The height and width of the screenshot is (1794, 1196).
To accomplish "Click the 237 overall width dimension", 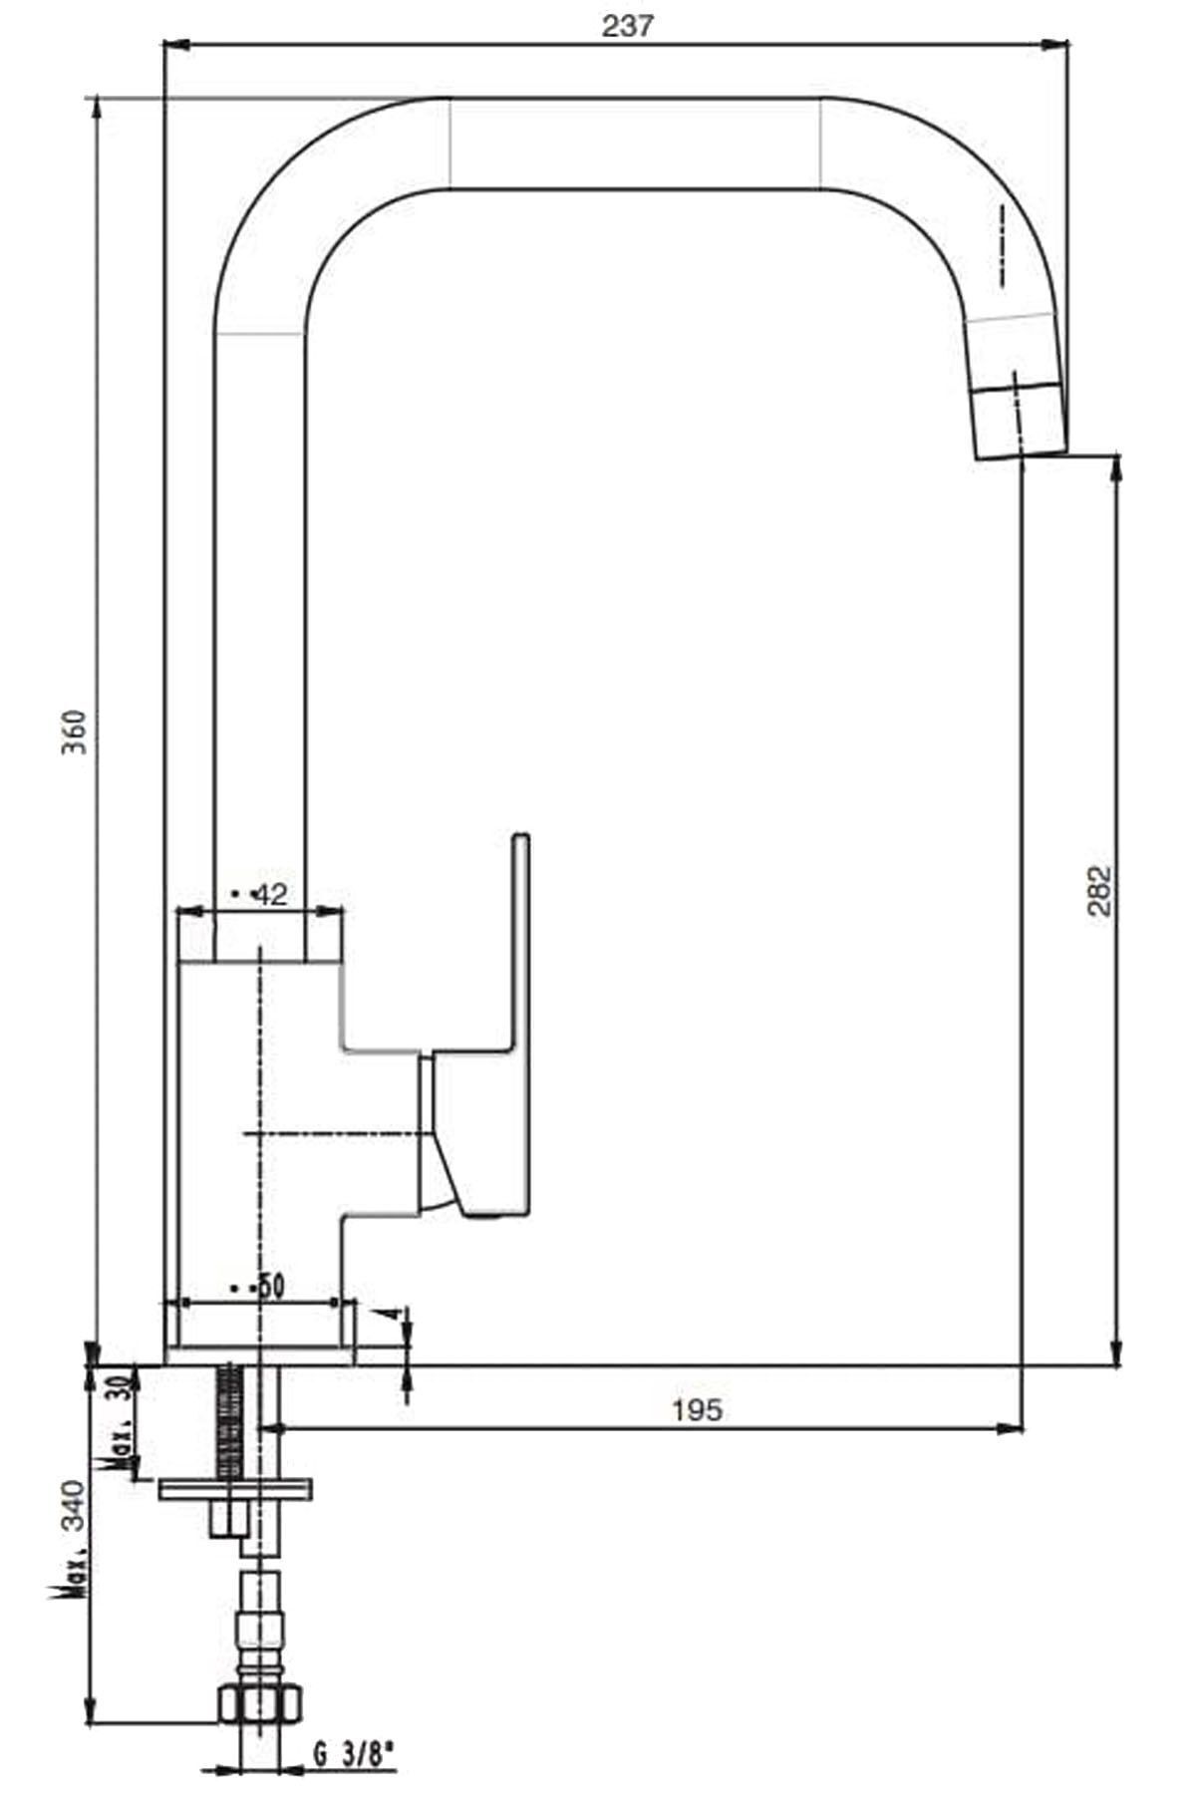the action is tap(627, 27).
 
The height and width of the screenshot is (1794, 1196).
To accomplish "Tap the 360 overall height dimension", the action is tap(77, 732).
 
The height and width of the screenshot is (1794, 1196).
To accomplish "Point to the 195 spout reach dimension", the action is tap(697, 1410).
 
